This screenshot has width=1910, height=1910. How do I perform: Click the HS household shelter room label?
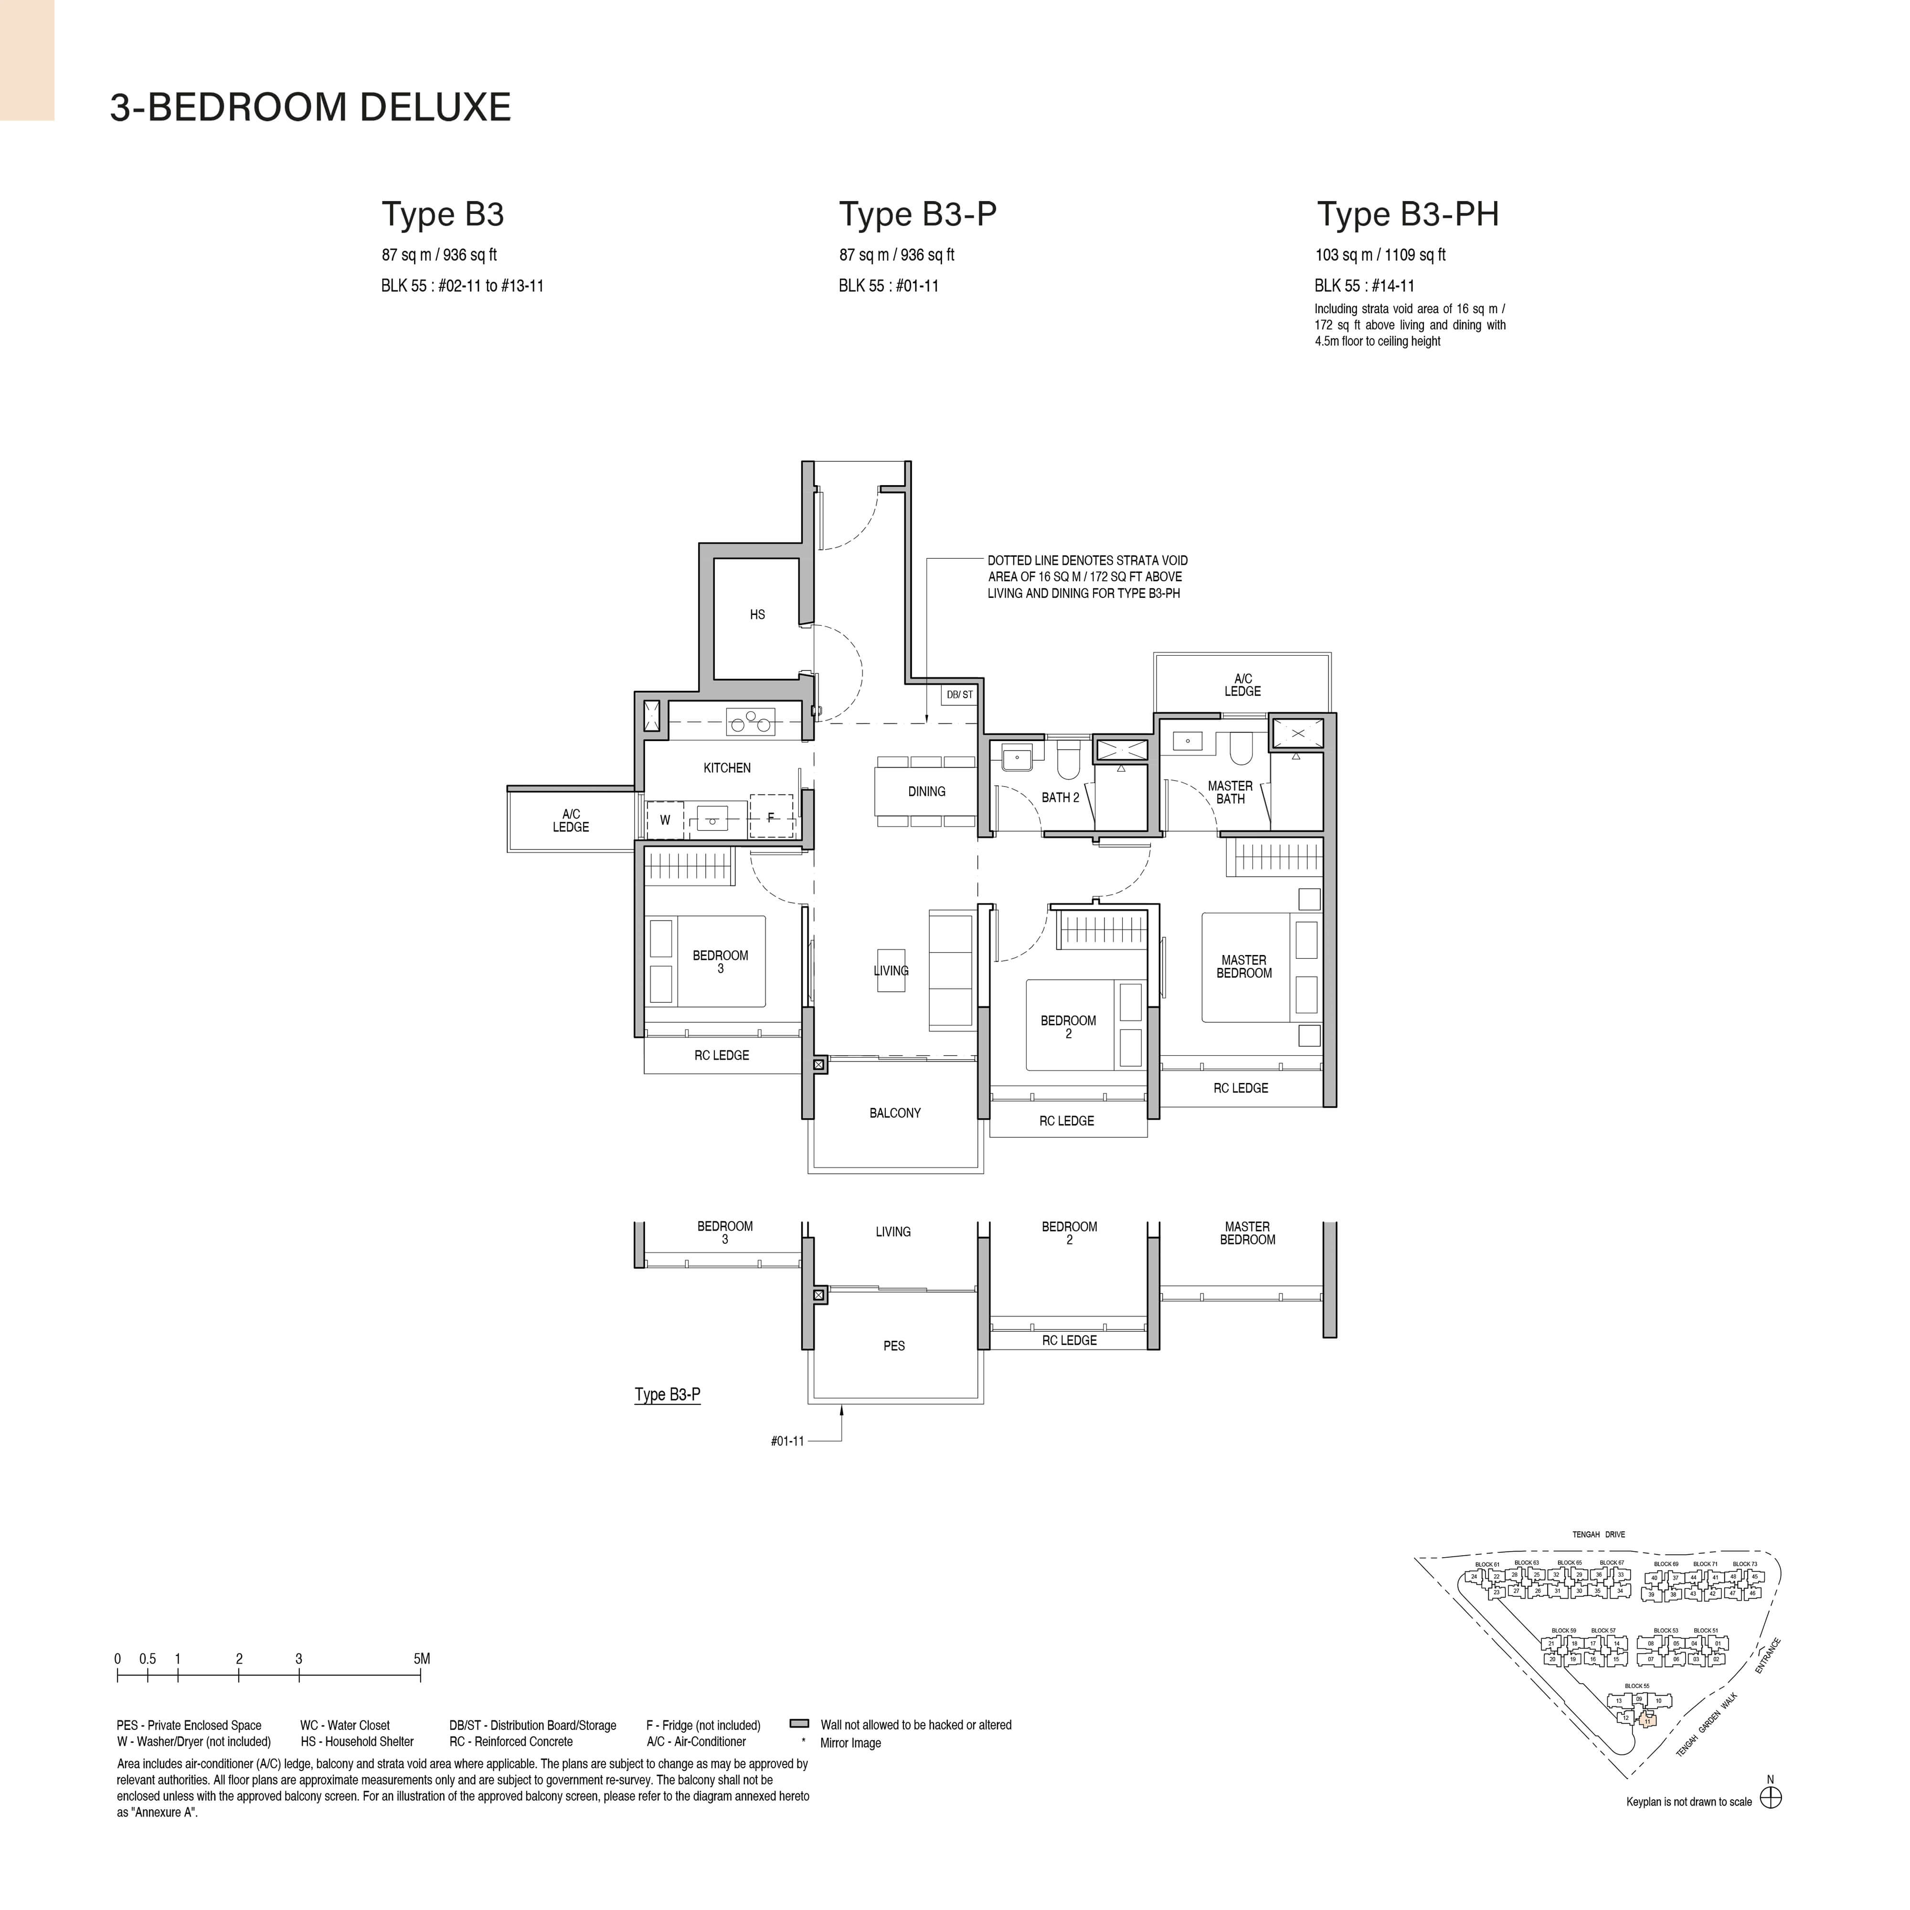click(x=757, y=615)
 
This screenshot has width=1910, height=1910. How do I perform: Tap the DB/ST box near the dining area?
click(x=959, y=695)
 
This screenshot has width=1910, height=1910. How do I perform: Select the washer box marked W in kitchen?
click(x=665, y=819)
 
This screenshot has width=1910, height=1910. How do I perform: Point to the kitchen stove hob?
click(x=750, y=722)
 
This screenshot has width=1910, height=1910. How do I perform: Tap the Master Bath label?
click(x=1230, y=792)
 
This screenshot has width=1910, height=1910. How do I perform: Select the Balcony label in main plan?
click(x=895, y=1113)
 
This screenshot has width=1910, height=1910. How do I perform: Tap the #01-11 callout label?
click(x=787, y=1442)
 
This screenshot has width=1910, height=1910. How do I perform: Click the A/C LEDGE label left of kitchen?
click(x=571, y=820)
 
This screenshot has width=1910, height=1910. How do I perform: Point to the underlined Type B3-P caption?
click(x=668, y=1395)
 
